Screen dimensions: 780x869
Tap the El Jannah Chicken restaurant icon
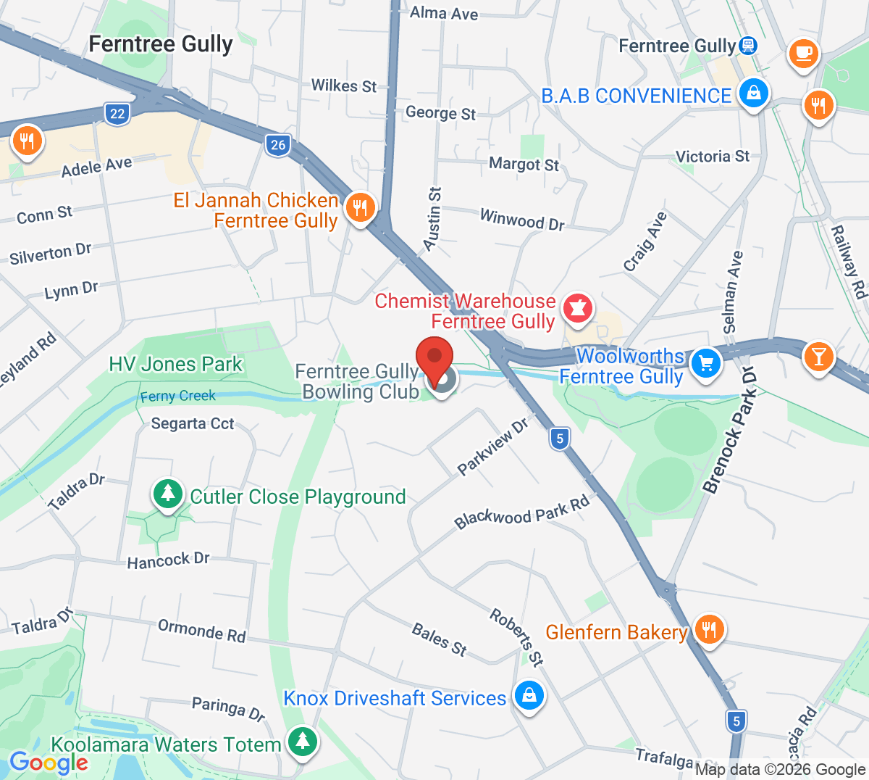click(x=360, y=208)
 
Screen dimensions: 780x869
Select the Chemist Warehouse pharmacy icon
click(x=577, y=309)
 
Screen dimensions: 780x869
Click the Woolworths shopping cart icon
click(x=705, y=362)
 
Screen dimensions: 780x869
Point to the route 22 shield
click(x=117, y=113)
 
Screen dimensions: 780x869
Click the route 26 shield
click(x=278, y=145)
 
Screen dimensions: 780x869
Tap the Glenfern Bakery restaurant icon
click(x=709, y=629)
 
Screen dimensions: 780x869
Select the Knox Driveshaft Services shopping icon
click(x=529, y=695)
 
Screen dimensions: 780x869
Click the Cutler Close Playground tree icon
click(x=167, y=494)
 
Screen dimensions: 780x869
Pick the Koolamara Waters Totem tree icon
click(x=303, y=741)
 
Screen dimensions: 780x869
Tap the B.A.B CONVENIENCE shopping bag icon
click(x=753, y=93)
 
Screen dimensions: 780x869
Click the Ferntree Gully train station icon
click(x=748, y=46)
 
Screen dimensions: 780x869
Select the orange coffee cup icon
click(x=803, y=52)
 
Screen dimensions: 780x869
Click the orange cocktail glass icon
click(x=818, y=357)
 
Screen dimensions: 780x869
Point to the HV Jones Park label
click(x=176, y=364)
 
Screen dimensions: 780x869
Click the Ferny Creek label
click(x=178, y=396)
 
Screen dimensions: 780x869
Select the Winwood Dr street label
click(x=522, y=219)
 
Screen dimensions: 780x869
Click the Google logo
click(x=49, y=762)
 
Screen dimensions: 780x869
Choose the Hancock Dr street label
click(x=168, y=560)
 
